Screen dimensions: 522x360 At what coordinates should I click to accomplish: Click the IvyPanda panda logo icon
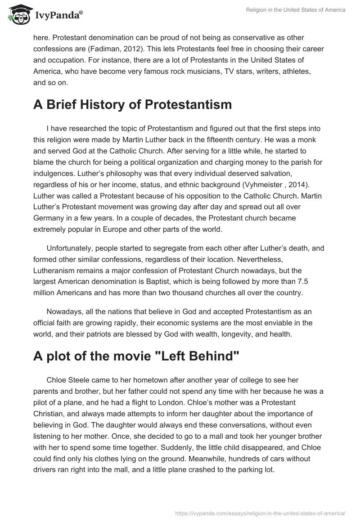(x=18, y=14)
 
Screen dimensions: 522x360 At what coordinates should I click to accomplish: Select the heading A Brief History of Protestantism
(x=132, y=105)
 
